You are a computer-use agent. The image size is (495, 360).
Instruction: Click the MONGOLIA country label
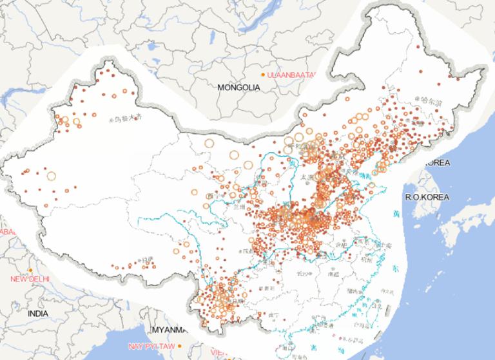click(x=238, y=87)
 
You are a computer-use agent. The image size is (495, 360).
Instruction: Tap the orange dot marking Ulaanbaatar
click(x=262, y=75)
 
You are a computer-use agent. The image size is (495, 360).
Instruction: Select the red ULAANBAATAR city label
click(x=291, y=75)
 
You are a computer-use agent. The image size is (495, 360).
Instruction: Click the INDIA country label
click(x=38, y=313)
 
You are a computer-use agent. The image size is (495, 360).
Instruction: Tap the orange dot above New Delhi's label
click(x=30, y=270)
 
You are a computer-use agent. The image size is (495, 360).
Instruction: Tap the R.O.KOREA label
click(x=426, y=197)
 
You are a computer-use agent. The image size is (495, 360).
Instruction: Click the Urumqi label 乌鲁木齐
click(x=127, y=118)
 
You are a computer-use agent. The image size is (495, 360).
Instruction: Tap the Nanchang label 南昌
click(x=335, y=274)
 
